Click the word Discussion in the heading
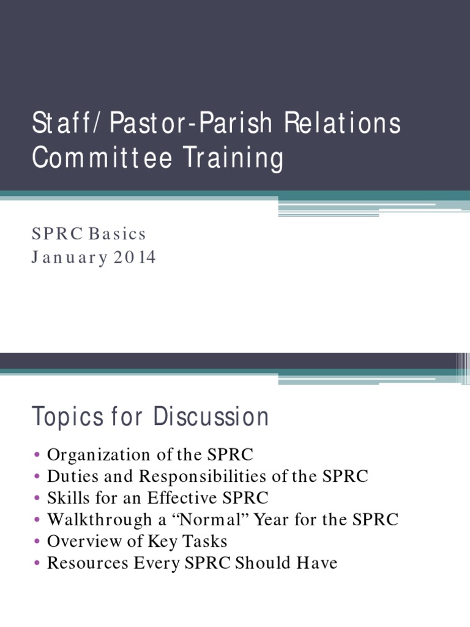pos(211,417)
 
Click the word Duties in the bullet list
pos(69,476)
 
